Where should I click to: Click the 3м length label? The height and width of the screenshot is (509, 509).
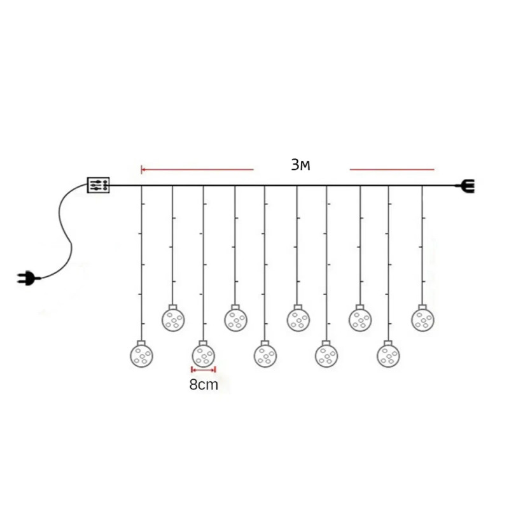[x=300, y=165]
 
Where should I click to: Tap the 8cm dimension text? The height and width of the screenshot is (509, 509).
[x=204, y=385]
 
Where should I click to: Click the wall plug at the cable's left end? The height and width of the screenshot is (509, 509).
[x=29, y=278]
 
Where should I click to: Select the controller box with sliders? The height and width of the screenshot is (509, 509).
[x=99, y=185]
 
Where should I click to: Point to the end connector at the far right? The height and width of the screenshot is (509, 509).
[x=466, y=186]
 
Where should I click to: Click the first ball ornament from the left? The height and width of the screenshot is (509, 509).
[x=141, y=356]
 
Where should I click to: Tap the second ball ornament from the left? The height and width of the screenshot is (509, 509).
[x=173, y=319]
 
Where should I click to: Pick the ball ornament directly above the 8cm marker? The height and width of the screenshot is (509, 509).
[x=204, y=356]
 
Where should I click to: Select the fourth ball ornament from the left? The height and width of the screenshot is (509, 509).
[x=235, y=320]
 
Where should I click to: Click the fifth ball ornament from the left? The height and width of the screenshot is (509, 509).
[x=265, y=356]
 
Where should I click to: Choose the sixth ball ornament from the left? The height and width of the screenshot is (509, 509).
[x=298, y=320]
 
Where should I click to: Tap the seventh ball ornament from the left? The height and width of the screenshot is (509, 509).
[x=326, y=356]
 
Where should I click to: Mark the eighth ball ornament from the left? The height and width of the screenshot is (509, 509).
[x=360, y=320]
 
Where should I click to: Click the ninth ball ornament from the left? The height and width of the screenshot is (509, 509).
[x=388, y=356]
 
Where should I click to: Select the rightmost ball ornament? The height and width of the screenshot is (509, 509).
[x=423, y=320]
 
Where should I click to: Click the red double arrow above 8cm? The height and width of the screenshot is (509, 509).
[x=204, y=370]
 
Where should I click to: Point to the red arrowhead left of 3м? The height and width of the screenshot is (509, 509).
[x=143, y=169]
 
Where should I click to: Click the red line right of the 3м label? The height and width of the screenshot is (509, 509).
[x=392, y=169]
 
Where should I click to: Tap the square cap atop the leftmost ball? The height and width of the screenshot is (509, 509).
[x=141, y=343]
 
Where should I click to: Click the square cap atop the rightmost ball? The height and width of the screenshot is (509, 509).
[x=422, y=307]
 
